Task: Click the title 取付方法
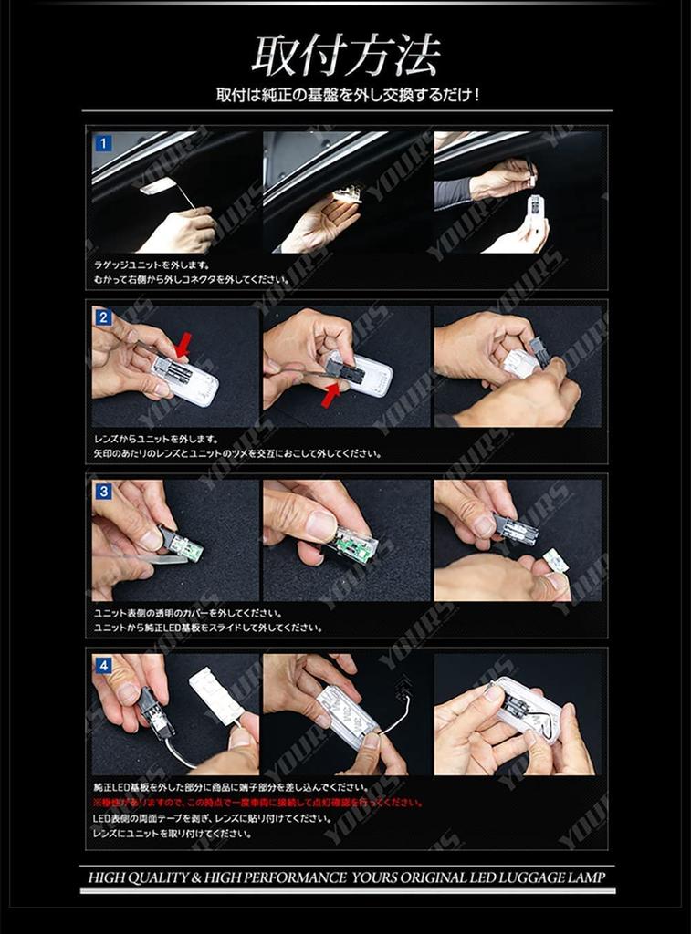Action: click(x=346, y=57)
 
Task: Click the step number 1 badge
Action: click(x=104, y=143)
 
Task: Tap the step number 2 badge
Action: click(x=104, y=317)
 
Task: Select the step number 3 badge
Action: click(x=104, y=492)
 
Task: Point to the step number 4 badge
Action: click(x=104, y=666)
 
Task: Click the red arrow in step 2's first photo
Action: click(x=183, y=346)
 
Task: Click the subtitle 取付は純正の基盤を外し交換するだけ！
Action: click(x=347, y=95)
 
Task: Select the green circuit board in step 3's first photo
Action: click(x=186, y=548)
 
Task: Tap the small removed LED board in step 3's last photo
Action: click(x=555, y=561)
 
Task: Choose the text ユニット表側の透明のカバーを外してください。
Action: click(x=187, y=613)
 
